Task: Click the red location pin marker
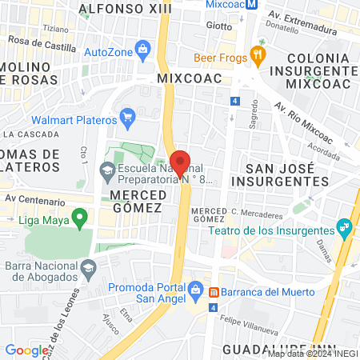(180, 162)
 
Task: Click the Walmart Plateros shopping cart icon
(127, 118)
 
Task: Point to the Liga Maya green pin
(79, 216)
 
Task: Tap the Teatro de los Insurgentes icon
(345, 227)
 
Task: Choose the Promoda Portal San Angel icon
(195, 288)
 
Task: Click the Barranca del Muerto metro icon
(214, 291)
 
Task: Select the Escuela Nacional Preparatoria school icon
(107, 170)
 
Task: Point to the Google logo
(26, 350)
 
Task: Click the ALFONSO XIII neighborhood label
(116, 10)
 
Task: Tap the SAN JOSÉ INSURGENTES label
(286, 174)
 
